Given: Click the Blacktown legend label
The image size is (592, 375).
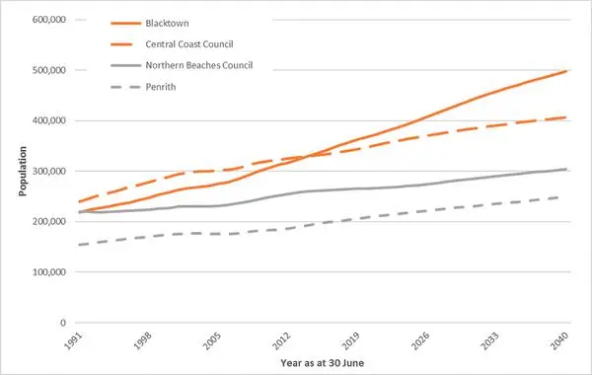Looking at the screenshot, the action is (167, 24).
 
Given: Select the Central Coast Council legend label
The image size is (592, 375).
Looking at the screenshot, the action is (189, 44).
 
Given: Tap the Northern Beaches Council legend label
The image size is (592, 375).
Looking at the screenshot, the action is (199, 65).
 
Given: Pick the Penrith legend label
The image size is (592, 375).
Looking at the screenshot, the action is (161, 87).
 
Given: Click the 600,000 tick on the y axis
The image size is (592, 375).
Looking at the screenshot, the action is (49, 20).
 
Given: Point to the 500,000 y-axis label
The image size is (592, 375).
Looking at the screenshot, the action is (49, 70).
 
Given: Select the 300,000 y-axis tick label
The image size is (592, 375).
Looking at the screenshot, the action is (49, 171).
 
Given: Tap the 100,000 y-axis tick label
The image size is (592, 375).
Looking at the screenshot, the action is (49, 272).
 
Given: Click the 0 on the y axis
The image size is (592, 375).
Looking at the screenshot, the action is (63, 323).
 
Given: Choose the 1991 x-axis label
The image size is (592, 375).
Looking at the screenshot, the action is (73, 340).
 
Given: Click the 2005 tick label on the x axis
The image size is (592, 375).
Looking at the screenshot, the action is (212, 340).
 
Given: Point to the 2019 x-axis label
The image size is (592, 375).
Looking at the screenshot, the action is (351, 340).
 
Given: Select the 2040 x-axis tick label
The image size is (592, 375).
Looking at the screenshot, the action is (559, 340).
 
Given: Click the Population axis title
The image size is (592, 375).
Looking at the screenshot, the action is (23, 171).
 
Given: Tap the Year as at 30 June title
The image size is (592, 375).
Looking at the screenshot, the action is (323, 363).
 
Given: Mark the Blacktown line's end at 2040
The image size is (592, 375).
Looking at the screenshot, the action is (567, 71).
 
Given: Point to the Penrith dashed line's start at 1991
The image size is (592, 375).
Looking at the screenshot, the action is (78, 245).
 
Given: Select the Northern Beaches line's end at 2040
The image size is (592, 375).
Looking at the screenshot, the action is (567, 169).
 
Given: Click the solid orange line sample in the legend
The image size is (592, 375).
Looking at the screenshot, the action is (125, 24).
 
